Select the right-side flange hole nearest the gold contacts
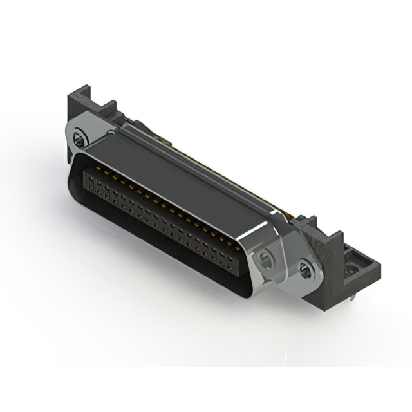[x=265, y=260]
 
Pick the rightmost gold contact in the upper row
[x=239, y=246]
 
